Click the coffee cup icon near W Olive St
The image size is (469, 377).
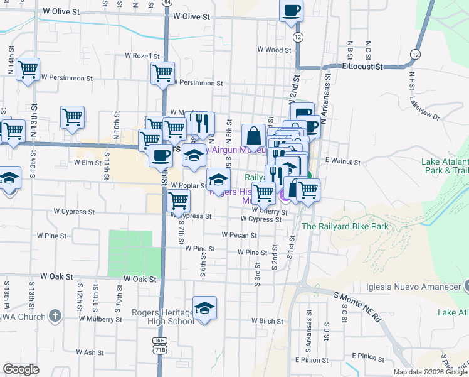pyautogui.click(x=291, y=11)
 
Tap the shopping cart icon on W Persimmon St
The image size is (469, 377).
pyautogui.click(x=163, y=72)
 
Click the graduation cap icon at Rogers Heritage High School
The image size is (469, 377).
pyautogui.click(x=204, y=308)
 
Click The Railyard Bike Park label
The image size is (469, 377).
pyautogui.click(x=345, y=226)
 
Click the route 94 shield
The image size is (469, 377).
pyautogui.click(x=166, y=3)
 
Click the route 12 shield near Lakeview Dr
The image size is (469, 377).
pyautogui.click(x=415, y=55)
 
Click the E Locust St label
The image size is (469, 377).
pyautogui.click(x=362, y=65)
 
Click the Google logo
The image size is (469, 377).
pyautogui.click(x=21, y=369)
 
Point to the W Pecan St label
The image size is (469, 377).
pyautogui.click(x=239, y=235)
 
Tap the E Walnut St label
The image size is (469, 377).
pyautogui.click(x=342, y=162)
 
